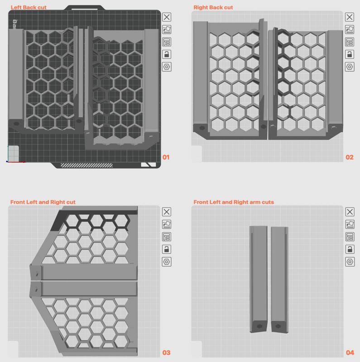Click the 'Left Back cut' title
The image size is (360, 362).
coord(29,7)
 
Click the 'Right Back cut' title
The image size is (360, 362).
coord(213,7)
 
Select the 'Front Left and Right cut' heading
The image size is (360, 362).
coord(43,202)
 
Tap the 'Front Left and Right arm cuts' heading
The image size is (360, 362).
coord(234,202)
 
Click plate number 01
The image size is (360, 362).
coord(166,157)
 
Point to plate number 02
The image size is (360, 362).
coord(350,157)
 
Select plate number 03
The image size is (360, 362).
coord(166,352)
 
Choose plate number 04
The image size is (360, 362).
coord(350,352)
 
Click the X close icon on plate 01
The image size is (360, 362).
coord(167,17)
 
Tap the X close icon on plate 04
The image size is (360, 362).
coord(350,212)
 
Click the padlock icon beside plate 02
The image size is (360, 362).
coord(350,54)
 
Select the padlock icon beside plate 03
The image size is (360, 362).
coord(167,249)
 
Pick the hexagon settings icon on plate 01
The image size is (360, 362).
coord(167,67)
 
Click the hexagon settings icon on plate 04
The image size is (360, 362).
coord(350,262)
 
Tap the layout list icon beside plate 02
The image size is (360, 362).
coord(350,42)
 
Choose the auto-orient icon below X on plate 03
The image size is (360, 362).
coord(167,224)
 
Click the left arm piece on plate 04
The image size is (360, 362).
coord(259,279)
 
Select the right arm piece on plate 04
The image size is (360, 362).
coord(279,279)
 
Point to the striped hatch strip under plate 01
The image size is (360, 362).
coord(86,165)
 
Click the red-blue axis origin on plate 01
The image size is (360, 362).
coord(8,162)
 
